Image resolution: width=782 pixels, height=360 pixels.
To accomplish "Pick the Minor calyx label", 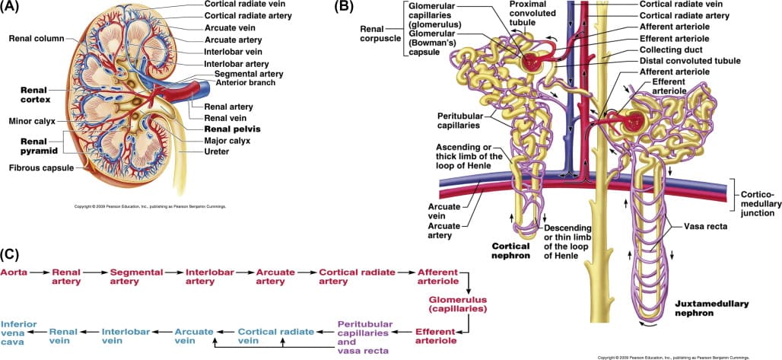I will [x=30, y=121].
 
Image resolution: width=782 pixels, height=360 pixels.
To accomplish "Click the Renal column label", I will [x=37, y=38].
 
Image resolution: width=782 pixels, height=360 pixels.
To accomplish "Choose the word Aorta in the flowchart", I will [x=14, y=272].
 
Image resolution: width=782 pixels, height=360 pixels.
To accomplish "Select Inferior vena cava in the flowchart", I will [x=19, y=333].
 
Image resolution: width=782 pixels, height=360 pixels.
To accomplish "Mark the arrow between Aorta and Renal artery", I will [x=40, y=272].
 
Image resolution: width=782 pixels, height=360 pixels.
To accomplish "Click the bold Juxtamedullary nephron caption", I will [x=711, y=307].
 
